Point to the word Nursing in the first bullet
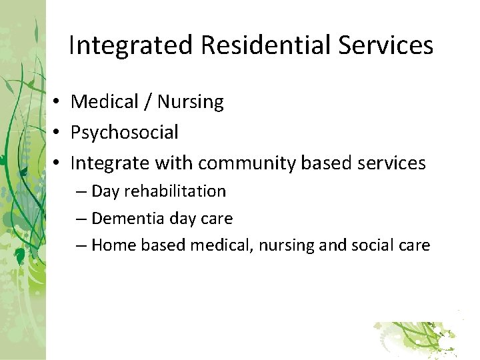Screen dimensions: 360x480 [190, 102]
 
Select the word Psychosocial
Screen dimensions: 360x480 [125, 133]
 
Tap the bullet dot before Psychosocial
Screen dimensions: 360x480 [59, 133]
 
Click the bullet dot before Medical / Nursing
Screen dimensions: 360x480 [59, 102]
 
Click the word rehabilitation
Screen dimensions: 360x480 [175, 191]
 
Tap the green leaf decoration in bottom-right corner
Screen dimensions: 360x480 [417, 337]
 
